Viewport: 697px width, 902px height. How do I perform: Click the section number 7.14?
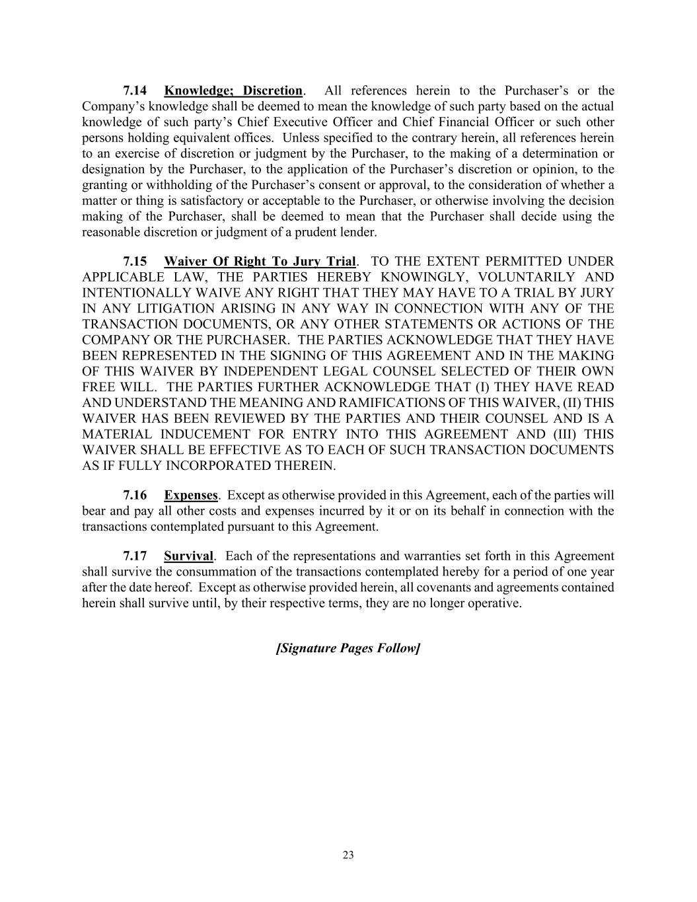(x=135, y=91)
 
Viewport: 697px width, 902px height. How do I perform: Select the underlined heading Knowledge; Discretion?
(x=233, y=91)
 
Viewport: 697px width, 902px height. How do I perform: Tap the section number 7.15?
(x=135, y=261)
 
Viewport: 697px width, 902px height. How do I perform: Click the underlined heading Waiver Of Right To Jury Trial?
(x=260, y=261)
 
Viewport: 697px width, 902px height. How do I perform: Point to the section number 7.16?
(x=135, y=495)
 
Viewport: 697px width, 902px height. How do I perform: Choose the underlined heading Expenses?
(x=191, y=495)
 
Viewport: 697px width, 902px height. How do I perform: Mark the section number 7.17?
(x=135, y=556)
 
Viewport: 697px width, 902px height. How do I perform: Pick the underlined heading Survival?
(x=189, y=556)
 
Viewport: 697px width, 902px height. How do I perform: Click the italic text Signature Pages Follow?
(x=348, y=648)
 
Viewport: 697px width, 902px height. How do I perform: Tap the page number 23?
(x=348, y=855)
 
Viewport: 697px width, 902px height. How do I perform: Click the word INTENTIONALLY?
(x=134, y=293)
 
